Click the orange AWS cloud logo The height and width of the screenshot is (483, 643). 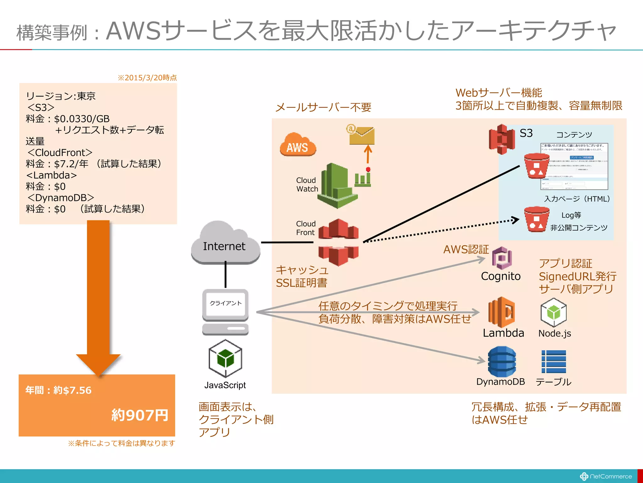[298, 145]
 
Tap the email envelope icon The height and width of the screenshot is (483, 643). [361, 135]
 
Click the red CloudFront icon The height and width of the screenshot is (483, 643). [338, 242]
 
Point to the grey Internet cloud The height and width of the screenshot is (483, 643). [225, 244]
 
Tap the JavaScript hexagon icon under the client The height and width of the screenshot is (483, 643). [225, 358]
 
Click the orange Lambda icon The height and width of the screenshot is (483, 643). [501, 312]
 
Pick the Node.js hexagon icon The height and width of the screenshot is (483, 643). [553, 313]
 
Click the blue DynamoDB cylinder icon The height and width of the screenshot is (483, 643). [502, 362]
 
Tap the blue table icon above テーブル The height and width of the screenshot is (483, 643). [554, 362]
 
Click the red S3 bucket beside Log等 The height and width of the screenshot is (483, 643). [536, 219]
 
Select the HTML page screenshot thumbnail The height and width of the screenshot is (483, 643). [574, 166]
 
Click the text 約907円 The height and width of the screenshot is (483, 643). [140, 415]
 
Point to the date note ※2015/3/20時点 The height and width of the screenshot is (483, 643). [147, 78]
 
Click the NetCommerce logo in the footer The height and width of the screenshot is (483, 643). [606, 476]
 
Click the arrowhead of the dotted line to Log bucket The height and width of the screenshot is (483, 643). [515, 220]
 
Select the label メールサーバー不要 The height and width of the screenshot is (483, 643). [323, 108]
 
